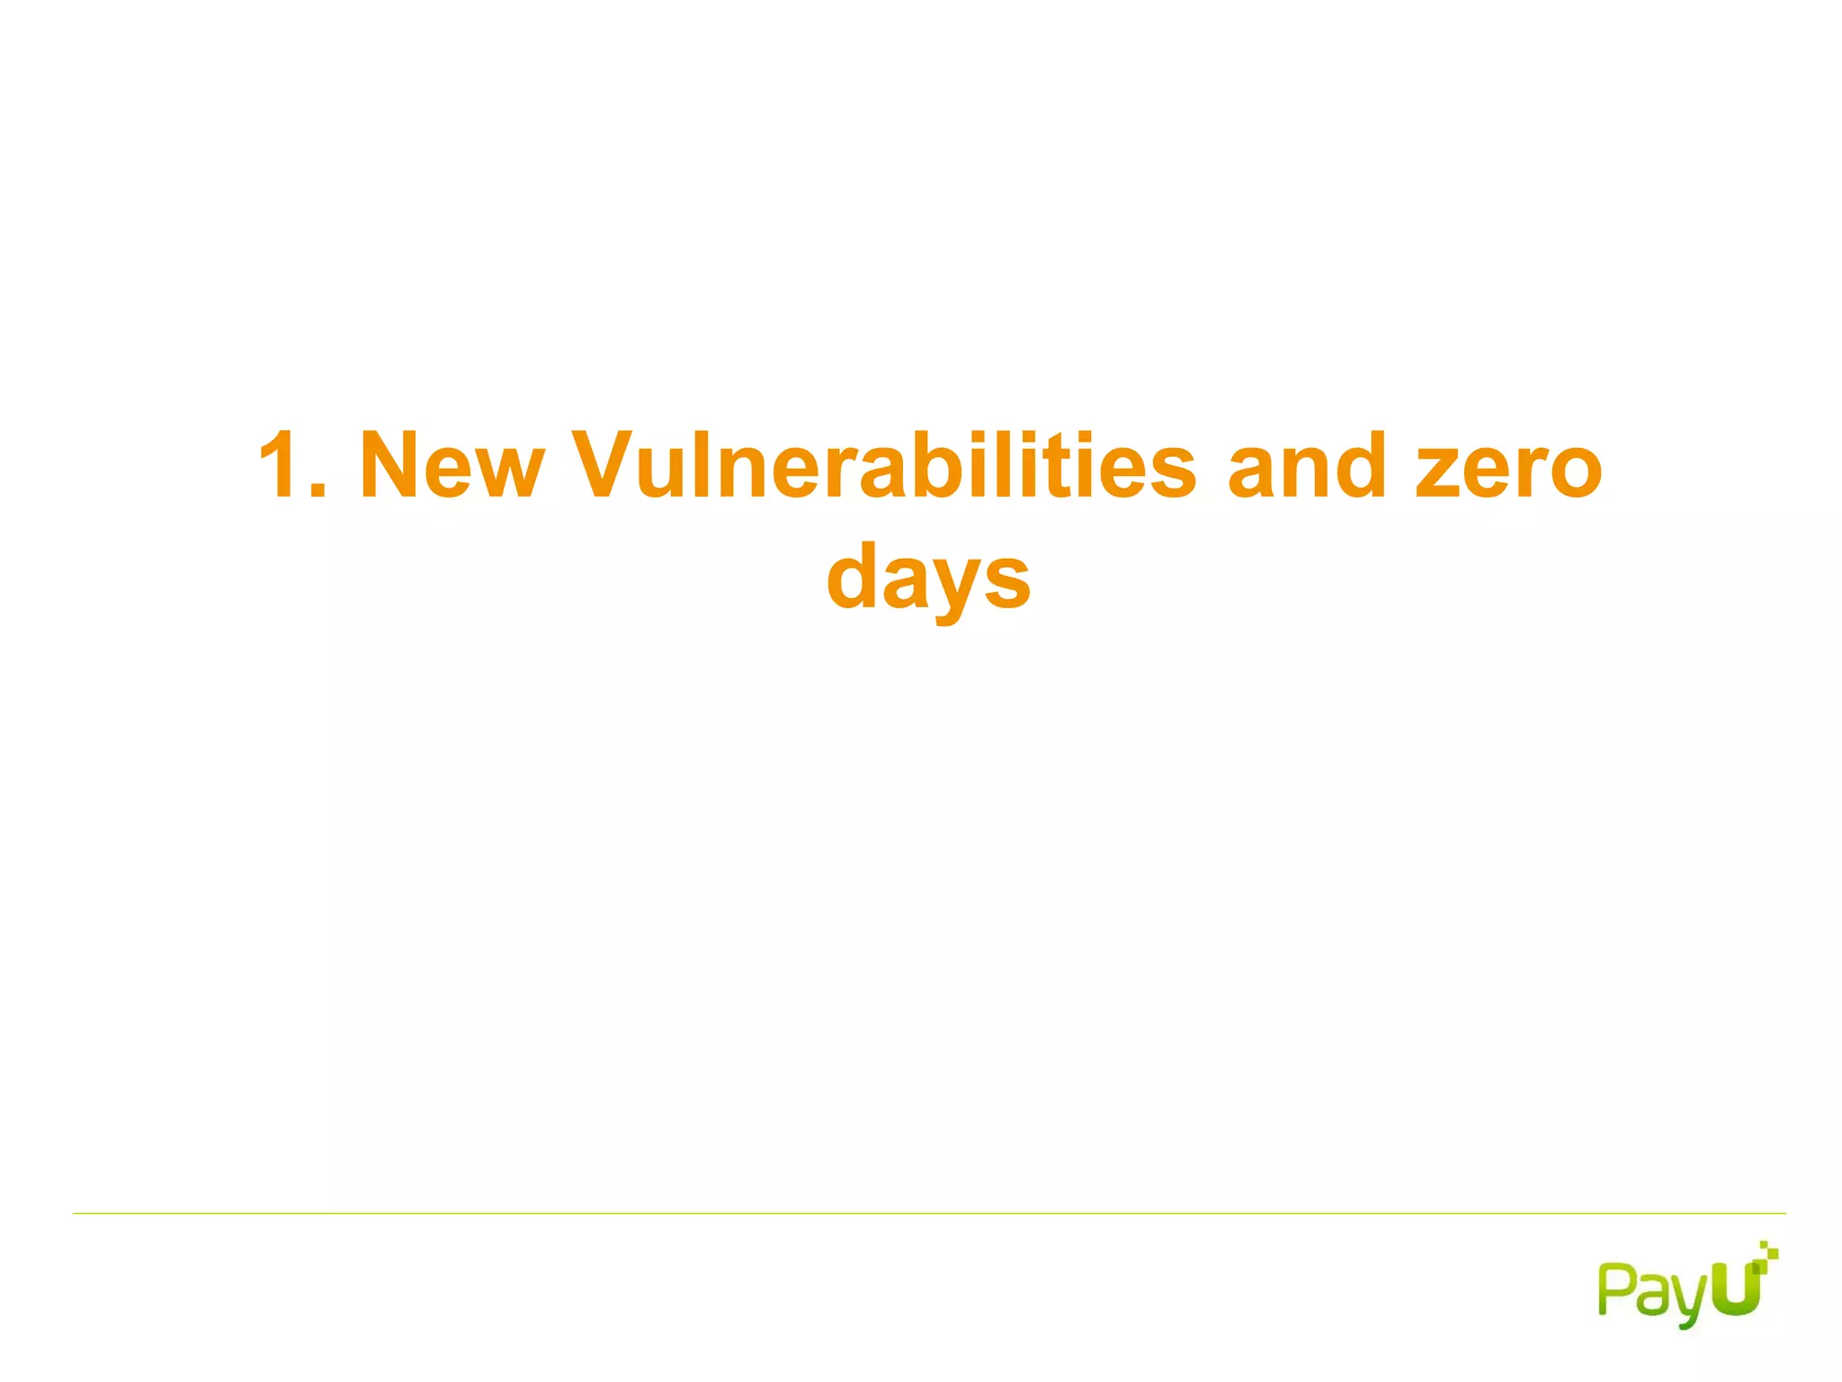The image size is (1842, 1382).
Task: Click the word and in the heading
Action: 1308,464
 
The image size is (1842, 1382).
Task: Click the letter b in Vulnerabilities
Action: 926,464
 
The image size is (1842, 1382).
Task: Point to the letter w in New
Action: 509,471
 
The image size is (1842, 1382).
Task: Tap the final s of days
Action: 1006,579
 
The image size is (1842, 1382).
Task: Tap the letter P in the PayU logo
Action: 1615,1288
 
